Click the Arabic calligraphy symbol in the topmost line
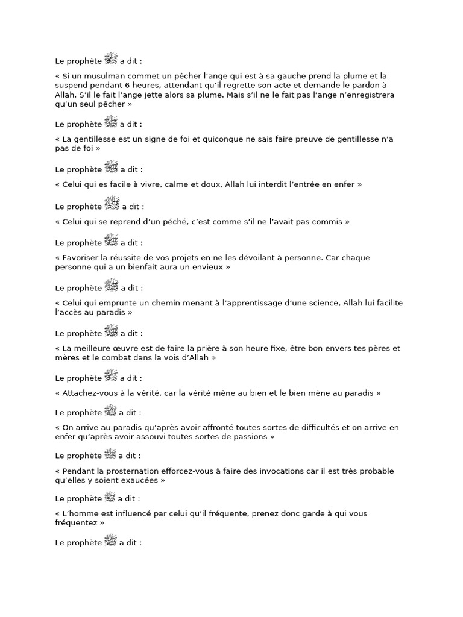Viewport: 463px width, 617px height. tap(111, 59)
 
